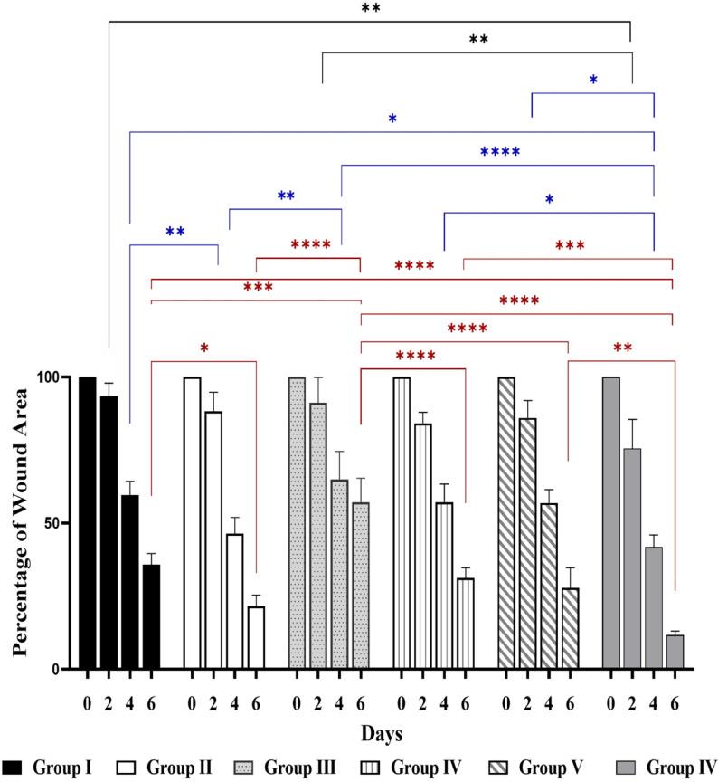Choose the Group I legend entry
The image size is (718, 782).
click(x=56, y=769)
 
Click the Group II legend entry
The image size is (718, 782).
click(x=166, y=769)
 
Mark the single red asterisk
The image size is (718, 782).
click(x=204, y=348)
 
